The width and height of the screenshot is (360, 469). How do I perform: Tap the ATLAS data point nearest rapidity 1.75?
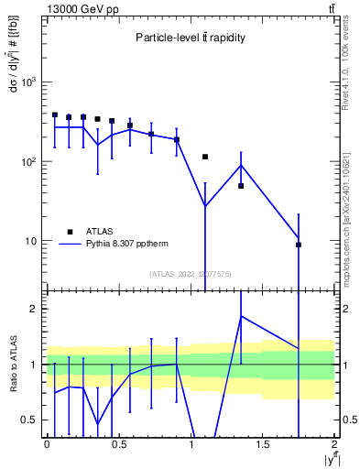point(299,245)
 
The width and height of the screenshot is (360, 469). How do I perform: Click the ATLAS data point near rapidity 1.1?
point(205,157)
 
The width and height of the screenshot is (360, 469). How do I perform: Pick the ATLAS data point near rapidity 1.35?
point(241,186)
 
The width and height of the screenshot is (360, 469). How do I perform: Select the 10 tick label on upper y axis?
point(33,241)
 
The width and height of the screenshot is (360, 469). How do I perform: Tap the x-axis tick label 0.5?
point(118,444)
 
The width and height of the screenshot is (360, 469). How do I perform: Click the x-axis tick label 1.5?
point(263,444)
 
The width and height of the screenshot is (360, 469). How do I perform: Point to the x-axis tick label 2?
point(335,444)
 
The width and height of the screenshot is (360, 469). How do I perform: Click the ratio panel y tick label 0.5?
point(30,420)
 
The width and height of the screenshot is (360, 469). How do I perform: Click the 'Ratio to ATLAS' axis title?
point(12,364)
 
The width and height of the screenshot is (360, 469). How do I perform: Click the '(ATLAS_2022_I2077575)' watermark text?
point(191,274)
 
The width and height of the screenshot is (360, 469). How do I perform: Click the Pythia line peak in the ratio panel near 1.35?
point(241,316)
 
